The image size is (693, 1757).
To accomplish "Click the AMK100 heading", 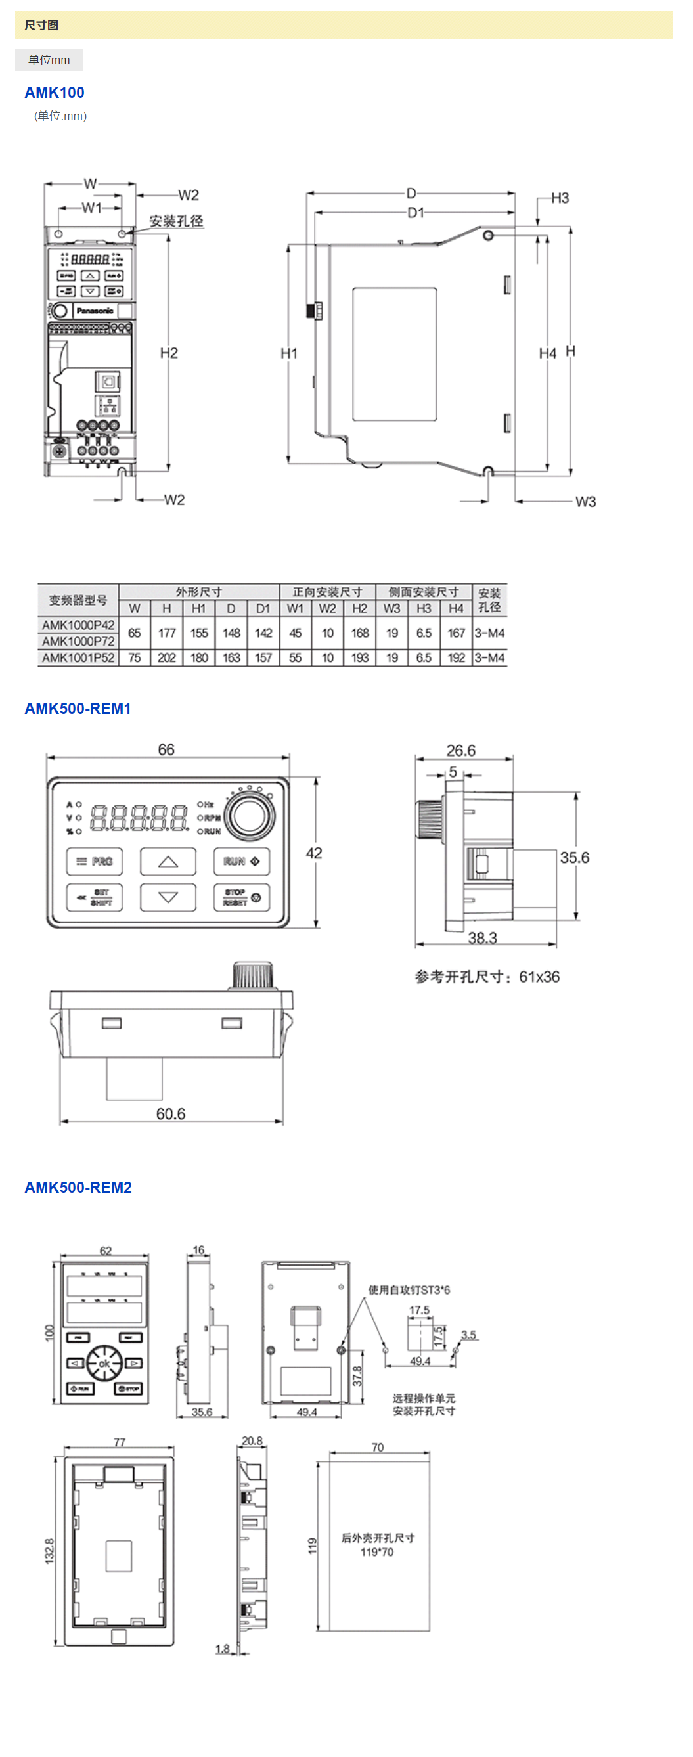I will click(55, 92).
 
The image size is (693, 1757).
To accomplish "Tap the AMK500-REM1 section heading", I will click(78, 709).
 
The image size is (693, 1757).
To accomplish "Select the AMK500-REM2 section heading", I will click(78, 1188).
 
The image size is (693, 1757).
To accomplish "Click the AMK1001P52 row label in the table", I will click(78, 658).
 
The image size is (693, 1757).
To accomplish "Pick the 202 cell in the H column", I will click(166, 658).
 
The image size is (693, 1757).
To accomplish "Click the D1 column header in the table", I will click(263, 608).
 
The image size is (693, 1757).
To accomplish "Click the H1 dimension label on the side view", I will click(289, 353).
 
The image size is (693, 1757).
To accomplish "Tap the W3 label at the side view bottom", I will click(585, 502).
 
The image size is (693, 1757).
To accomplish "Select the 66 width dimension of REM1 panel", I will click(166, 749).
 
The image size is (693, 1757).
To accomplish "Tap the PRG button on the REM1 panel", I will click(95, 862).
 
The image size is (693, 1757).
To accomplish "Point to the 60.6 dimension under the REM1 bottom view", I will click(171, 1114).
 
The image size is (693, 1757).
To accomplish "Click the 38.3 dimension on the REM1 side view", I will click(482, 938).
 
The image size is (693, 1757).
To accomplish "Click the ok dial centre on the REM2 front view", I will click(104, 1364).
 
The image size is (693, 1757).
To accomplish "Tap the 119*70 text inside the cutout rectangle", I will click(377, 1552).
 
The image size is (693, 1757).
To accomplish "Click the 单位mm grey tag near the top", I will click(49, 60).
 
